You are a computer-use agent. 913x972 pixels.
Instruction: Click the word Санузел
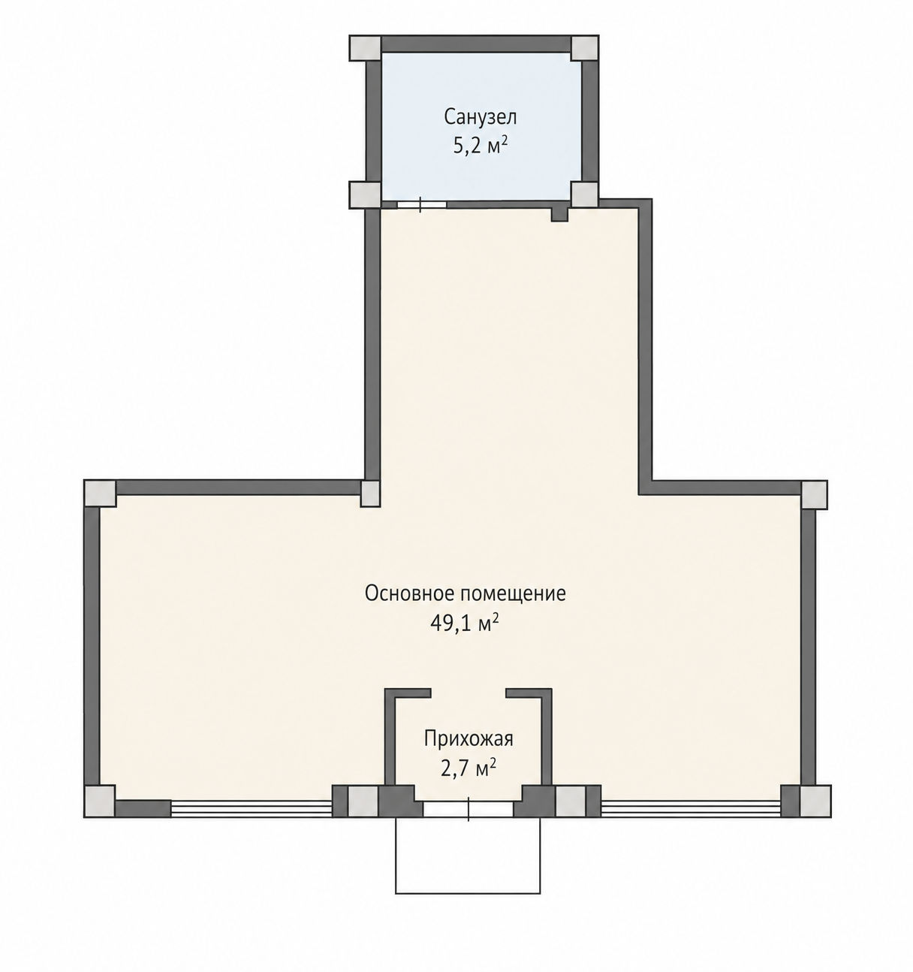pyautogui.click(x=480, y=117)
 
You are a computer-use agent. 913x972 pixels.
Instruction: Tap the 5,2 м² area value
pyautogui.click(x=480, y=146)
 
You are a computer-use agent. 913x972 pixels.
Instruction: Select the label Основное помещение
pyautogui.click(x=466, y=594)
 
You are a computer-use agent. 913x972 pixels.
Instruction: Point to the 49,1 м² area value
pyautogui.click(x=465, y=623)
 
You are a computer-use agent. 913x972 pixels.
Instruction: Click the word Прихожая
pyautogui.click(x=469, y=739)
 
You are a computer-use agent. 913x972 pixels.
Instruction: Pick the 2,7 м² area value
pyautogui.click(x=469, y=768)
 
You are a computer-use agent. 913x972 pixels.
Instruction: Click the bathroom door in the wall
pyautogui.click(x=421, y=204)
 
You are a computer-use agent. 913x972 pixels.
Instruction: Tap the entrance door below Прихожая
pyautogui.click(x=468, y=809)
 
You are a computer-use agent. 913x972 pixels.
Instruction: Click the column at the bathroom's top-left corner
pyautogui.click(x=365, y=48)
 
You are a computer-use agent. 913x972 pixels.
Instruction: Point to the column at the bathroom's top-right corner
pyautogui.click(x=585, y=48)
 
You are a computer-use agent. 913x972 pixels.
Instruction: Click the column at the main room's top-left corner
pyautogui.click(x=101, y=494)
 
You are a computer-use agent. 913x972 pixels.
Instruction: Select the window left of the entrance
pyautogui.click(x=252, y=808)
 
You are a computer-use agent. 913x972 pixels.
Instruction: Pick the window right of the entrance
pyautogui.click(x=690, y=808)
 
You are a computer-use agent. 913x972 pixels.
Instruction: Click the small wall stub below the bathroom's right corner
pyautogui.click(x=560, y=214)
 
